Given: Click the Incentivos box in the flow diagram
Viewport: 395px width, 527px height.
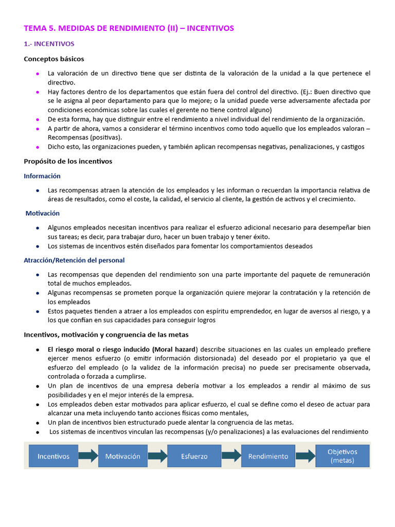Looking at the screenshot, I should coord(53,456).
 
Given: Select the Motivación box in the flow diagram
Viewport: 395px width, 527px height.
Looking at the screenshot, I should coord(122,456).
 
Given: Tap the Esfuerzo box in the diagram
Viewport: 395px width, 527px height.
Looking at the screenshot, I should coord(194,456).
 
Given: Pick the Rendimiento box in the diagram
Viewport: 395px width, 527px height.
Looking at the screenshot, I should coord(268,456).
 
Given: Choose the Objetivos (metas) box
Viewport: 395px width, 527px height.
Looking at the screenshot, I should coord(342,456).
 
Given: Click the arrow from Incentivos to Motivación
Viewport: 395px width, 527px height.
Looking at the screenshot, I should coord(88,455).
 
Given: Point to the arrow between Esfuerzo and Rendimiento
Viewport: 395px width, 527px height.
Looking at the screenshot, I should coord(231,455).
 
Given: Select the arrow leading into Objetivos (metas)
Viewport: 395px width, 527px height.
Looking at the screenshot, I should coord(306,455).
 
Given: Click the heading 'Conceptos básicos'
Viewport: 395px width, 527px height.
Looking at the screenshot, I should coord(54,59).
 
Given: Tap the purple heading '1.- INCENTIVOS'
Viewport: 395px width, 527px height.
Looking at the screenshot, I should coord(49,44).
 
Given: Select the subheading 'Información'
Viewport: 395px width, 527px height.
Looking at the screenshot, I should coord(42,176).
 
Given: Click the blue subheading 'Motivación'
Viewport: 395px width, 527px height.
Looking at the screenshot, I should coord(43,213).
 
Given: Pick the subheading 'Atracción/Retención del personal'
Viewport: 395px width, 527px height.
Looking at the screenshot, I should coord(74,260).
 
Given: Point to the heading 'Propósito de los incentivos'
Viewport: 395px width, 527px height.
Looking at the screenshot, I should coord(68,162).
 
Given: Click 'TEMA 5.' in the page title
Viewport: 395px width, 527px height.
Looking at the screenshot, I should coord(39,28).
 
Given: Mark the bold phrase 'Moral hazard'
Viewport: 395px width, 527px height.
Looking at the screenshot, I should coord(175,349).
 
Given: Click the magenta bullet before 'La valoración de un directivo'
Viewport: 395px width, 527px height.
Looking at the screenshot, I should coord(38,74).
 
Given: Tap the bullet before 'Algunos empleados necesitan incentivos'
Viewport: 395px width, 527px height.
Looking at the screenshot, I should coord(38,227).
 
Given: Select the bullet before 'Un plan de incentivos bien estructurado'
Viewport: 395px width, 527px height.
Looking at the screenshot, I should coord(38,423).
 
